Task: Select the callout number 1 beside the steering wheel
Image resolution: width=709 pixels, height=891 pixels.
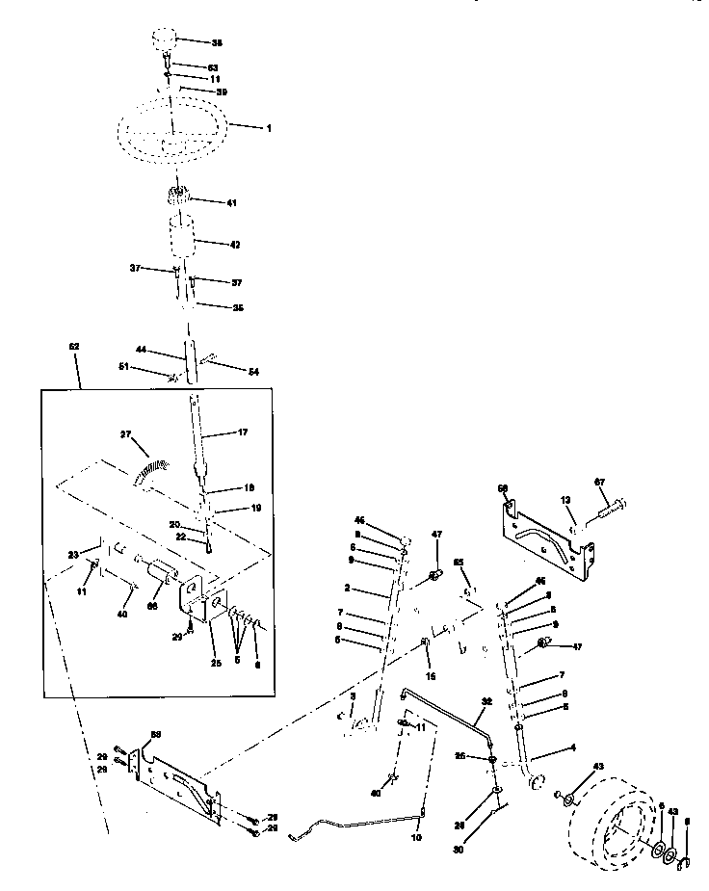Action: (x=269, y=127)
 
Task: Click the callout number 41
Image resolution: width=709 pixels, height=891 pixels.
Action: (x=231, y=203)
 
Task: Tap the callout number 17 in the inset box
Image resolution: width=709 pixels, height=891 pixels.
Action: (x=242, y=433)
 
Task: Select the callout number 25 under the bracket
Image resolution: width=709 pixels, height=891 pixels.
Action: (x=217, y=664)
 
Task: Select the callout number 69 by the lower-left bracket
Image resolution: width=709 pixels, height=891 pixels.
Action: (x=155, y=735)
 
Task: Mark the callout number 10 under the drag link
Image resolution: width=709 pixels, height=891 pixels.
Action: (x=416, y=838)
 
